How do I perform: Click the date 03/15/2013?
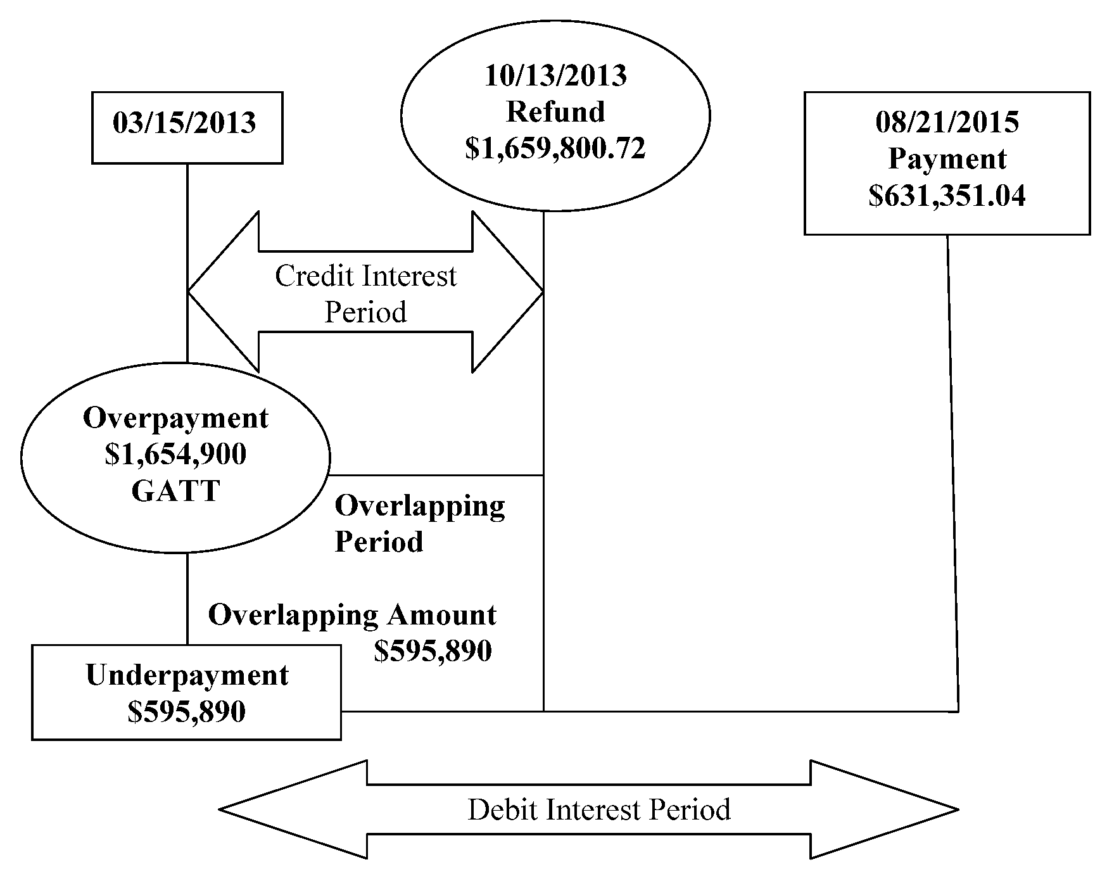(184, 123)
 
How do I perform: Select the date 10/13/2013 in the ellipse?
(555, 76)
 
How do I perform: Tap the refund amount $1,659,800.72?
(555, 148)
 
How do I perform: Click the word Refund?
(555, 112)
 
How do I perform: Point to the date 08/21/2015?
(947, 122)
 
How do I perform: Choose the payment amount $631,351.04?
(947, 196)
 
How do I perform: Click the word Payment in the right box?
(947, 159)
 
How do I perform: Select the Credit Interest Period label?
(365, 294)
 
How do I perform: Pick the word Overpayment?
(175, 419)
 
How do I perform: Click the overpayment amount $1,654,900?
(175, 455)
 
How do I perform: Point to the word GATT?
(175, 491)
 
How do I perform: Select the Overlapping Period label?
(419, 524)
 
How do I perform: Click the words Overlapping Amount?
(352, 615)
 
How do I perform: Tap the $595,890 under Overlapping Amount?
(433, 651)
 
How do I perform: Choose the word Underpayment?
(187, 675)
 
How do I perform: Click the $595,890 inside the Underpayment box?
(187, 712)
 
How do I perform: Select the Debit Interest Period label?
(599, 810)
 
